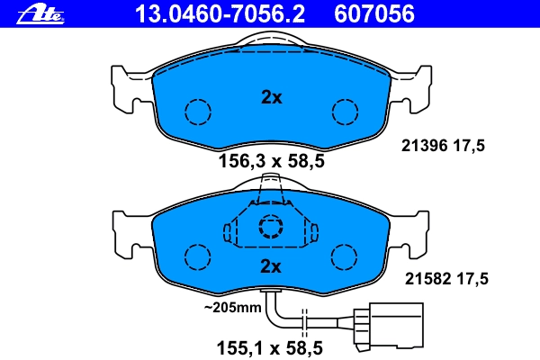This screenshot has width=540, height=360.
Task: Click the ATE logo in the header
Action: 40,14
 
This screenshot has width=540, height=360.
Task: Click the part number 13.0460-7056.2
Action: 220,14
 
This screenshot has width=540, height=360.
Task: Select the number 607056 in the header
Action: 374,14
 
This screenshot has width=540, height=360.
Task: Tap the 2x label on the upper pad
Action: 272,97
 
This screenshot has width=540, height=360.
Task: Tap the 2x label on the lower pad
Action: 271,266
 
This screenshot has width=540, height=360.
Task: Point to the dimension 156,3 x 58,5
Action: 272,161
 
